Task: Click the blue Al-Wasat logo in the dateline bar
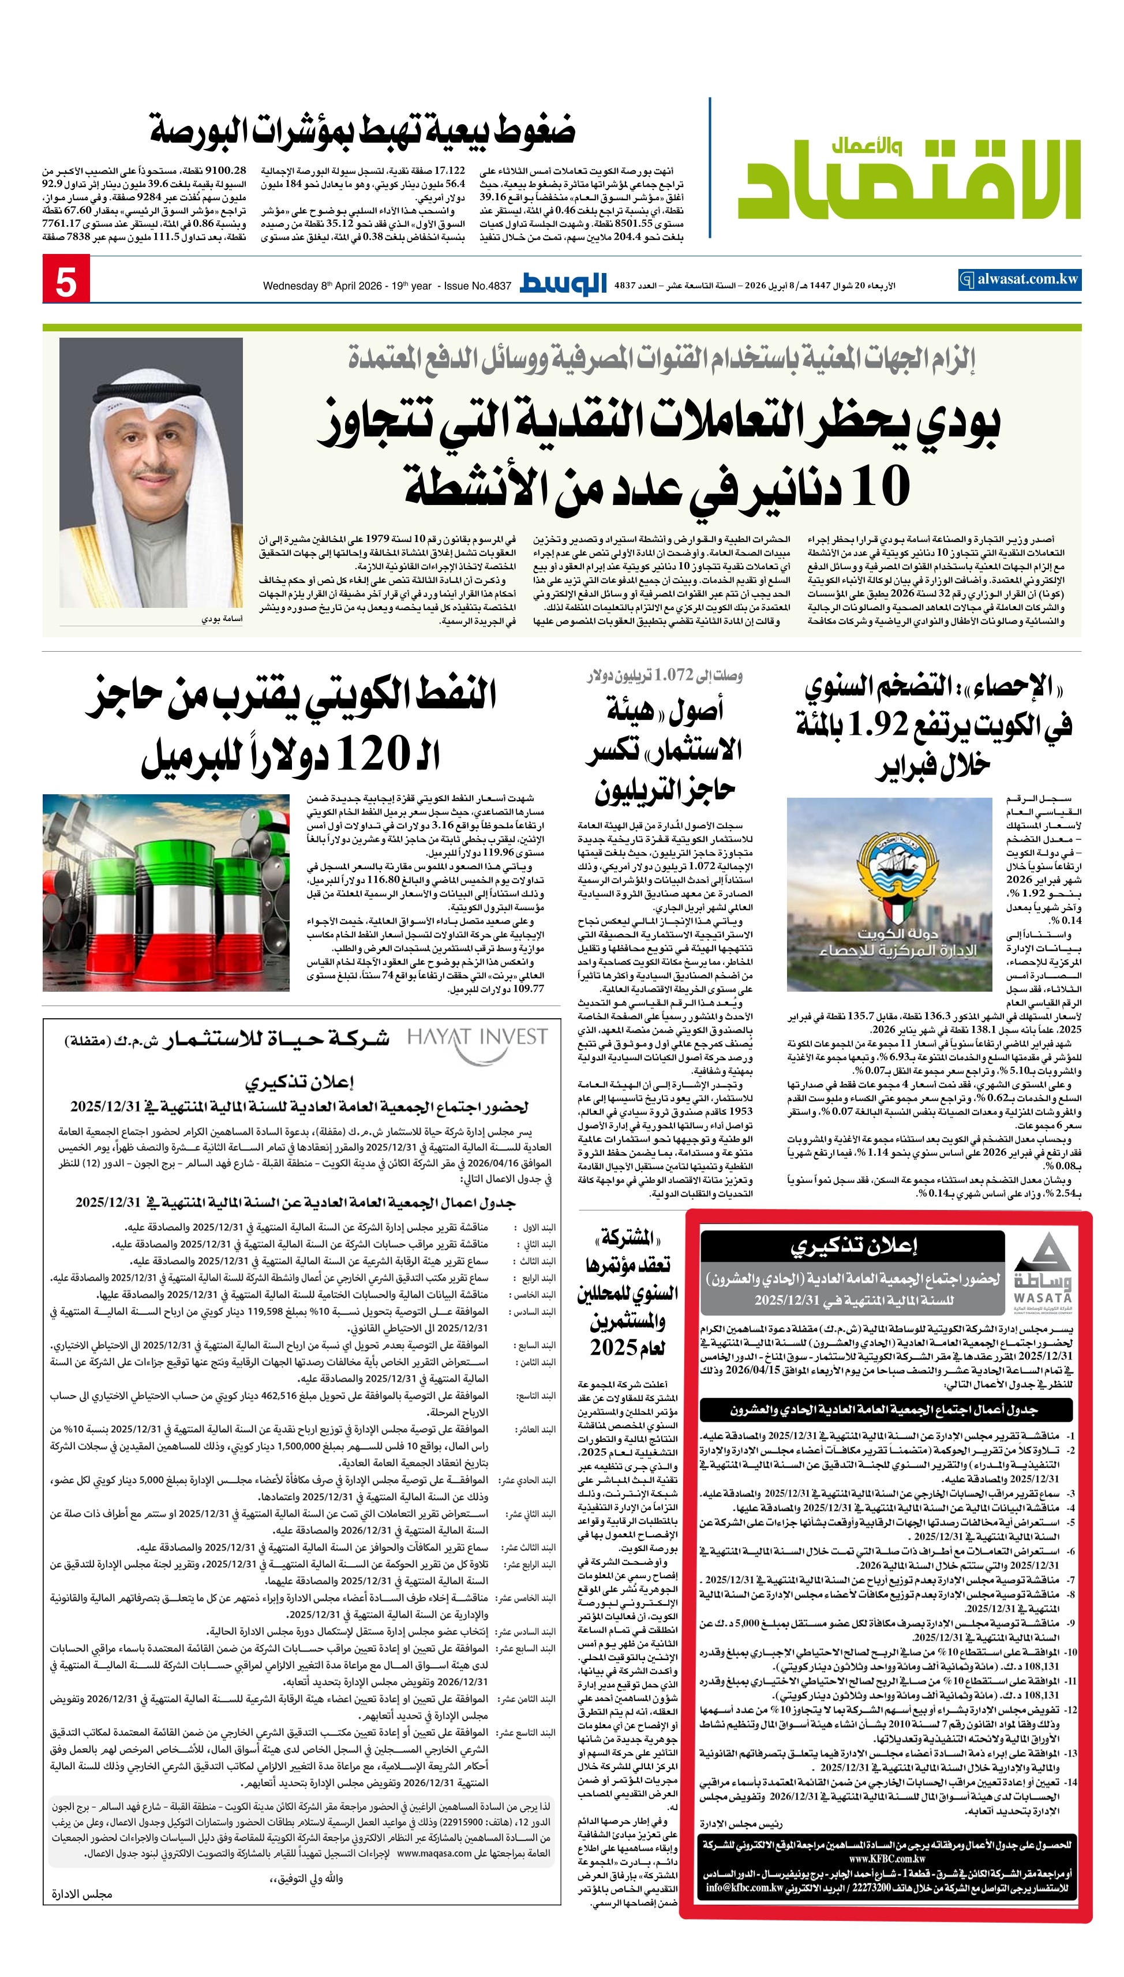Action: [x=563, y=283]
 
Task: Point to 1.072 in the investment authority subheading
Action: [x=673, y=677]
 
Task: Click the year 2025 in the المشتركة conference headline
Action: [x=627, y=1348]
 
